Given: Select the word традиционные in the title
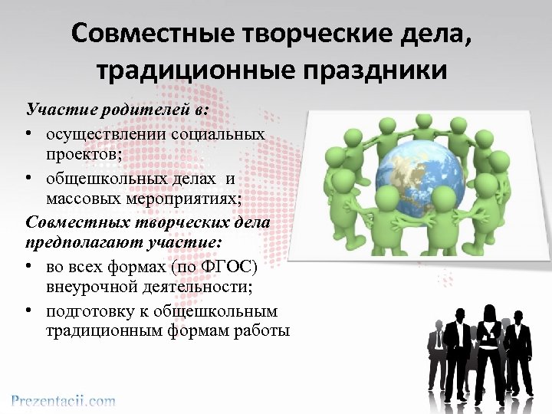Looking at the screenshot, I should pyautogui.click(x=196, y=71).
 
